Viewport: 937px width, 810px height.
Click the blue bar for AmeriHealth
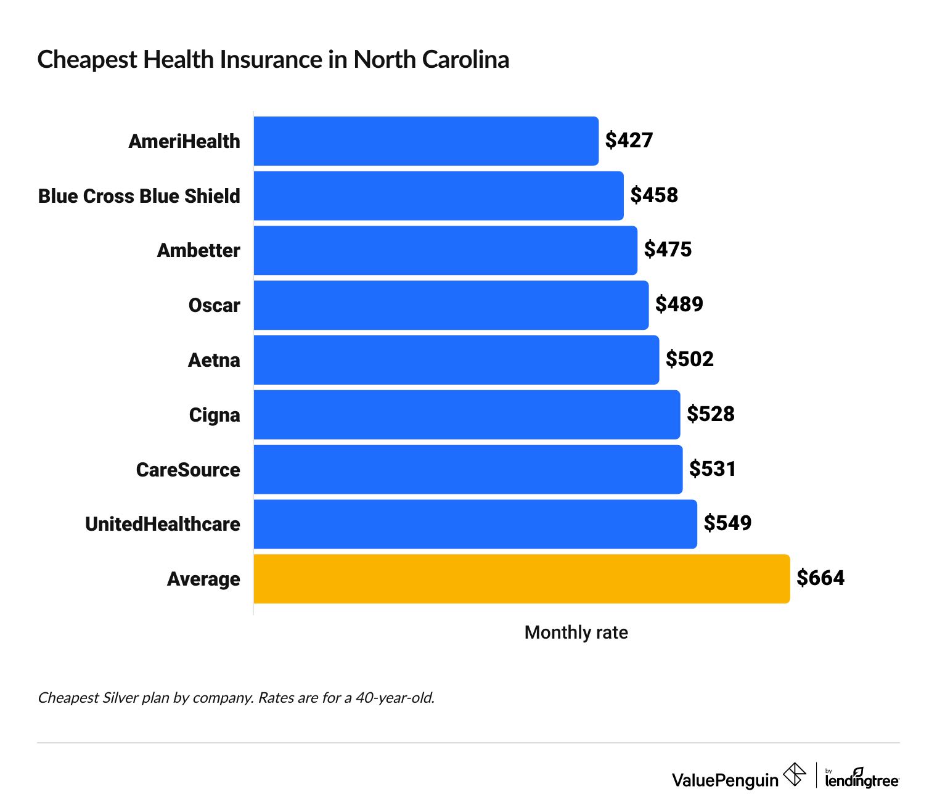[x=425, y=141]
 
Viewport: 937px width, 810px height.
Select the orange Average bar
[x=521, y=579]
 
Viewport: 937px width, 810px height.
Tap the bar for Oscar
[x=451, y=305]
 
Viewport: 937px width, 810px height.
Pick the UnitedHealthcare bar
[x=475, y=524]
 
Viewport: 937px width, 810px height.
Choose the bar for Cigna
[x=466, y=415]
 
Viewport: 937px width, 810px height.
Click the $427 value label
[x=629, y=141]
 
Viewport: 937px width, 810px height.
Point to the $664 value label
[x=820, y=578]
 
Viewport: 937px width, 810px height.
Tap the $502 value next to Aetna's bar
[x=689, y=359]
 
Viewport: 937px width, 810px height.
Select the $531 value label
[x=712, y=469]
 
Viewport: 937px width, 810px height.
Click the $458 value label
[x=653, y=195]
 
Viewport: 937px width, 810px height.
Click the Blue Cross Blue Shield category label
[x=139, y=196]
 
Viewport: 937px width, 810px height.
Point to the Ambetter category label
[x=198, y=251]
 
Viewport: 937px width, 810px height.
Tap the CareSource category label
[x=188, y=470]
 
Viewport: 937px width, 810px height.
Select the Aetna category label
[x=214, y=360]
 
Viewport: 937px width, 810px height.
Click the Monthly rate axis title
[x=576, y=632]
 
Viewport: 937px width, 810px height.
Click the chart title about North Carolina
[x=273, y=60]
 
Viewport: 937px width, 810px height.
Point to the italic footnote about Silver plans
[x=236, y=698]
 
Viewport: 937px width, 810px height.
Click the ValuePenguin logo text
[x=725, y=780]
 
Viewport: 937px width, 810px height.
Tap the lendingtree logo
[x=862, y=779]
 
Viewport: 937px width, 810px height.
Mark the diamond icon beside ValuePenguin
[x=795, y=775]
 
